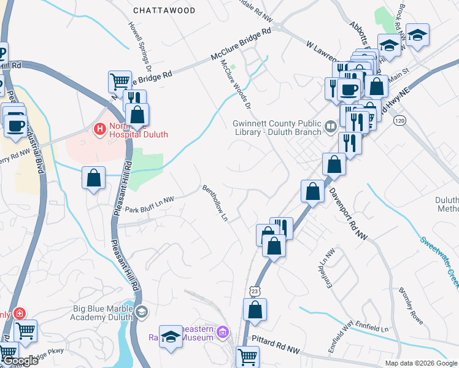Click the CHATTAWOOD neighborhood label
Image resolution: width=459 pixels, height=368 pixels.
164,10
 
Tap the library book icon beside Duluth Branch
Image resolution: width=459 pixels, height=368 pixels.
331,127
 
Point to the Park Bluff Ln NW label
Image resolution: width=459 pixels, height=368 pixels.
150,209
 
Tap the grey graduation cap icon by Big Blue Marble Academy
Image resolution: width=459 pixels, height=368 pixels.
142,312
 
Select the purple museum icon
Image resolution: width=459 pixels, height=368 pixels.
223,332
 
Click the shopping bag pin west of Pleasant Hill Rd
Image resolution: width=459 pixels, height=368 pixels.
93,178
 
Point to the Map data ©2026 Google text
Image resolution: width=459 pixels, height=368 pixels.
420,363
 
